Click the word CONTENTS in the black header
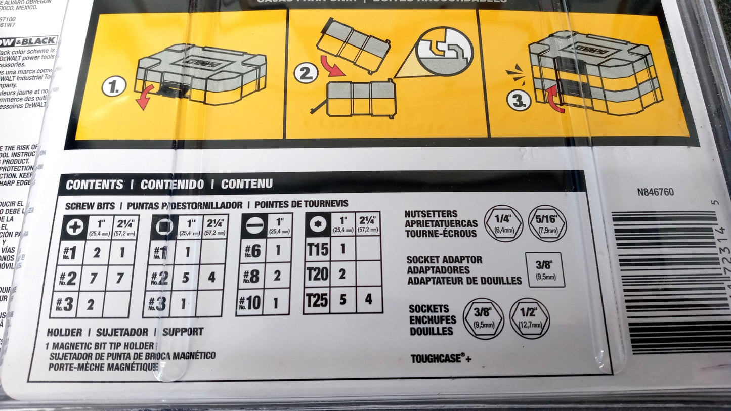pyautogui.click(x=95, y=185)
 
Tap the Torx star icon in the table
pyautogui.click(x=318, y=225)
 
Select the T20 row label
pyautogui.click(x=317, y=275)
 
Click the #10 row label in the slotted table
pyautogui.click(x=251, y=303)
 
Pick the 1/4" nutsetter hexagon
pyautogui.click(x=503, y=223)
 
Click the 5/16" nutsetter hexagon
pyautogui.click(x=547, y=223)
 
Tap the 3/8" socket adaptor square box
pyautogui.click(x=544, y=269)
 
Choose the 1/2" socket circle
pyautogui.click(x=529, y=318)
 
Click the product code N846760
pyautogui.click(x=656, y=192)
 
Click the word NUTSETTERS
pyautogui.click(x=431, y=214)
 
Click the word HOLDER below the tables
pyautogui.click(x=64, y=332)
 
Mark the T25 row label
pyautogui.click(x=317, y=300)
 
